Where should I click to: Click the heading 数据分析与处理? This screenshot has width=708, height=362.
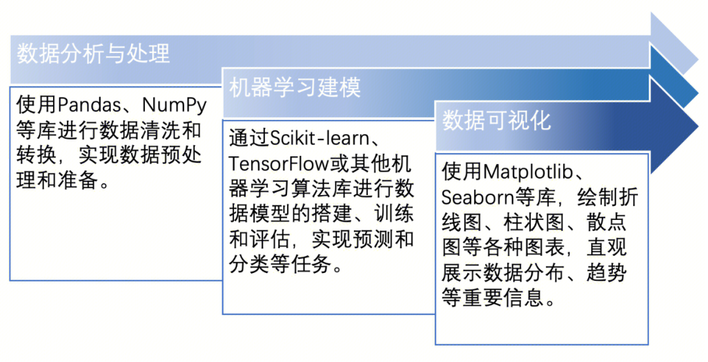[93, 53]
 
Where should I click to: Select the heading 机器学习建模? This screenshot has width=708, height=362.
[295, 87]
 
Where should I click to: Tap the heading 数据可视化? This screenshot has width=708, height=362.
[496, 120]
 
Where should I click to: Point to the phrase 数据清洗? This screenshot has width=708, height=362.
[148, 130]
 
